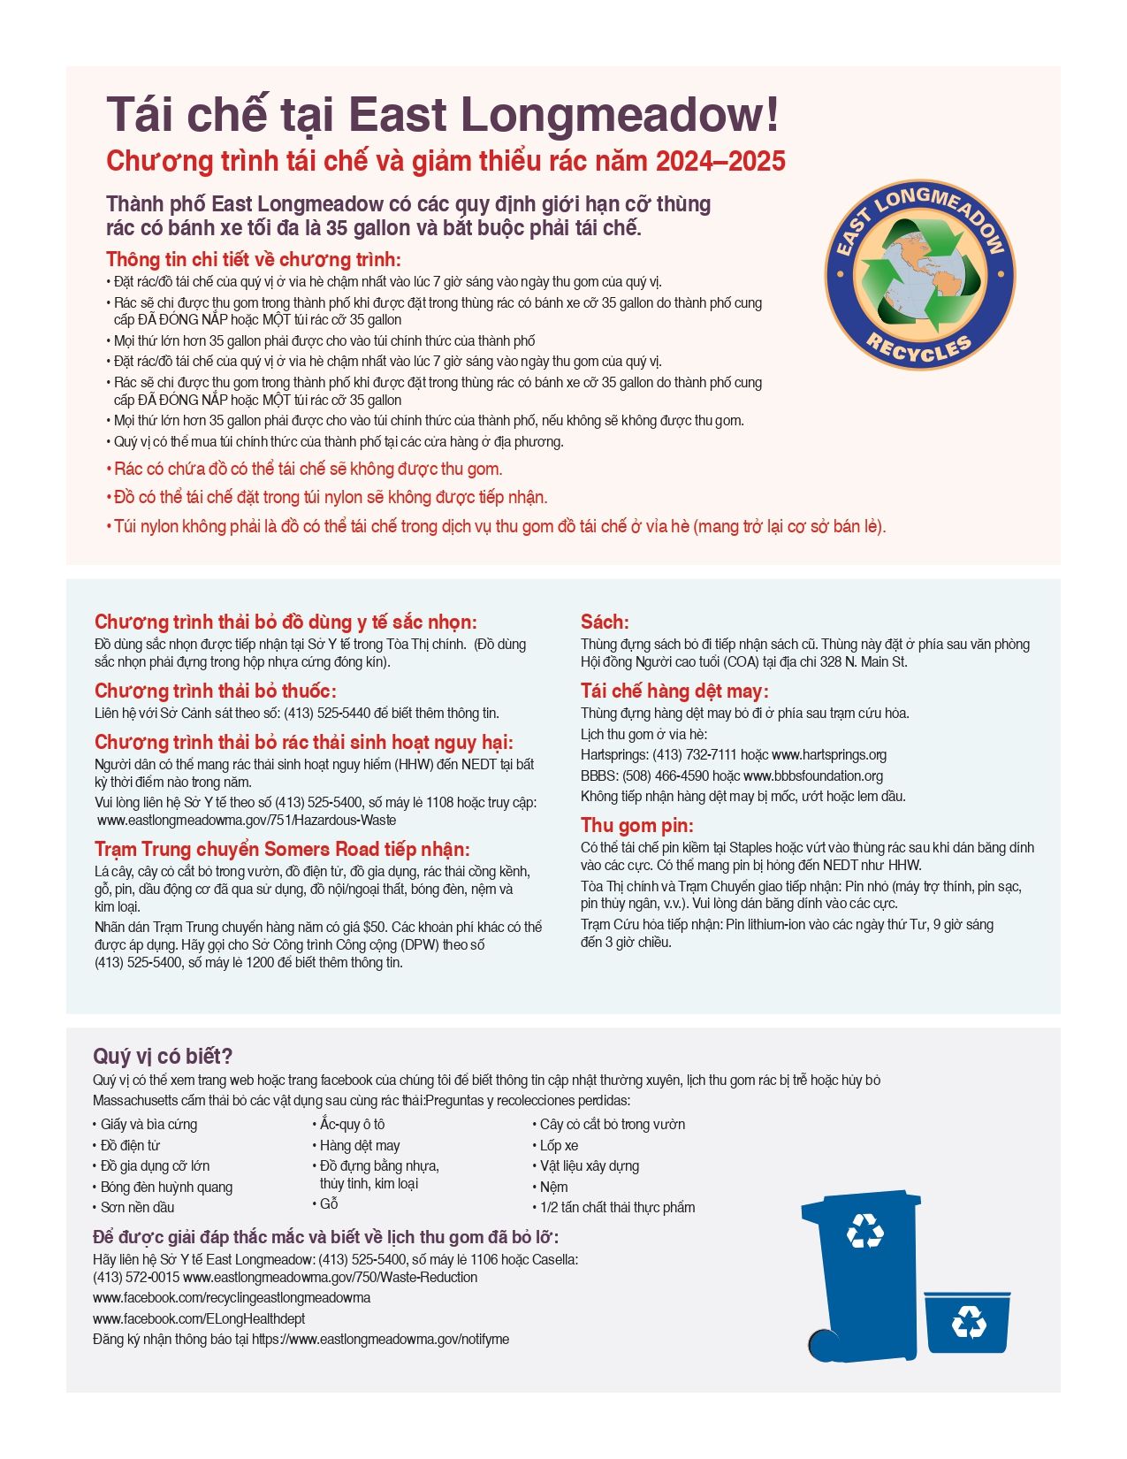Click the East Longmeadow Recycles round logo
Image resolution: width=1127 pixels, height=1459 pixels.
click(919, 276)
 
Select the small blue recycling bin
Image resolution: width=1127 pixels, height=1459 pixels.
click(967, 1322)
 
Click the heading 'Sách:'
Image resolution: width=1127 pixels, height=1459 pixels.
click(605, 622)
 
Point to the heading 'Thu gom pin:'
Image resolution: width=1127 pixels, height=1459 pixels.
click(636, 825)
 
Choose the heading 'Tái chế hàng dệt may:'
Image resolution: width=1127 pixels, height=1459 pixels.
click(674, 691)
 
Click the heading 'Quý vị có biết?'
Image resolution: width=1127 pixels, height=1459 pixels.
click(163, 1056)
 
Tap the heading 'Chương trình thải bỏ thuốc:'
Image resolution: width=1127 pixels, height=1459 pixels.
click(216, 691)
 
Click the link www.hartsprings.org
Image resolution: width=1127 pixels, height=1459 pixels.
click(828, 755)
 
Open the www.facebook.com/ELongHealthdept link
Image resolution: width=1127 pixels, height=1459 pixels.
click(199, 1318)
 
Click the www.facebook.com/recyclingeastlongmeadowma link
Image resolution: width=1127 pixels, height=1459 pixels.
click(232, 1298)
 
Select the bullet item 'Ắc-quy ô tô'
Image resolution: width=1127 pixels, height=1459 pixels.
click(352, 1125)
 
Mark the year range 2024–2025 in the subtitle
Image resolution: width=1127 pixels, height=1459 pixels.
click(720, 161)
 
